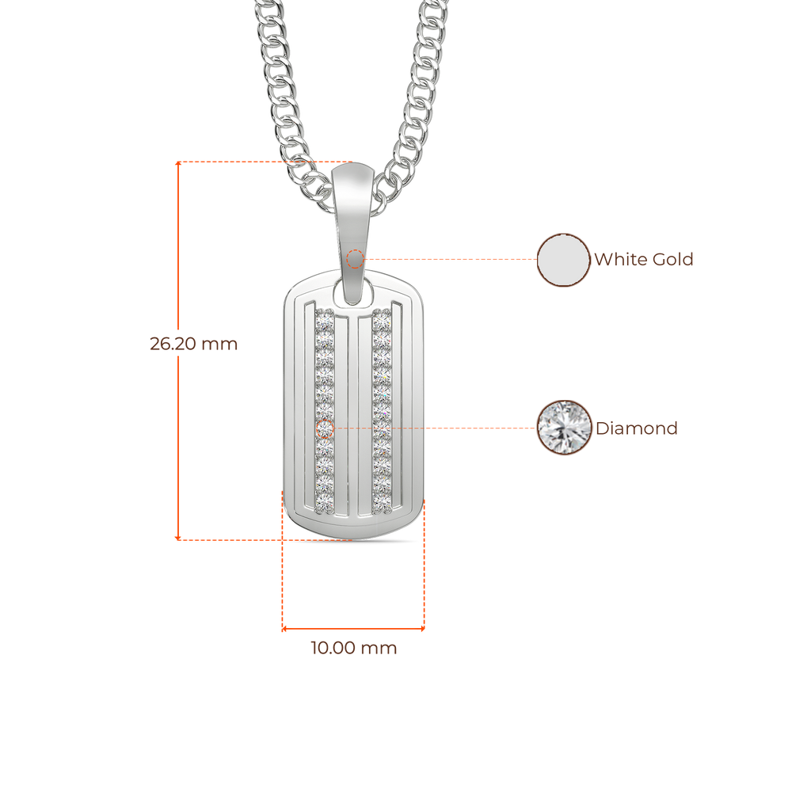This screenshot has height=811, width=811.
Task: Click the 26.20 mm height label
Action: (x=193, y=344)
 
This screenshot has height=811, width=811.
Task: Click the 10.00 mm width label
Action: (x=354, y=648)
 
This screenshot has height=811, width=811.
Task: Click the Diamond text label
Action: (x=636, y=428)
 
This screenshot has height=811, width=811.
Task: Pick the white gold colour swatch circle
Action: (x=563, y=260)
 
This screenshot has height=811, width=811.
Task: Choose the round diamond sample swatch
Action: (x=564, y=428)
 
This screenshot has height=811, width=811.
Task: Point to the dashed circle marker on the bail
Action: (x=355, y=259)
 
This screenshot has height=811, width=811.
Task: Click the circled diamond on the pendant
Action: (x=324, y=428)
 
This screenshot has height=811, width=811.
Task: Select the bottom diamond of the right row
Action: (x=382, y=503)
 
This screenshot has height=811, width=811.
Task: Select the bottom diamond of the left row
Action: (x=325, y=503)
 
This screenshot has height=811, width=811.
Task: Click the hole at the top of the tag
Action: (x=354, y=292)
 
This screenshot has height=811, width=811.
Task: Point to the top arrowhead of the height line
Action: (x=178, y=163)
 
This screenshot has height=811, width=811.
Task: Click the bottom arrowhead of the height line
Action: (x=178, y=538)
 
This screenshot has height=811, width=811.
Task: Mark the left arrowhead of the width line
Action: (x=284, y=629)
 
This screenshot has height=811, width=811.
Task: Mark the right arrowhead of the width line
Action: (x=422, y=629)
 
